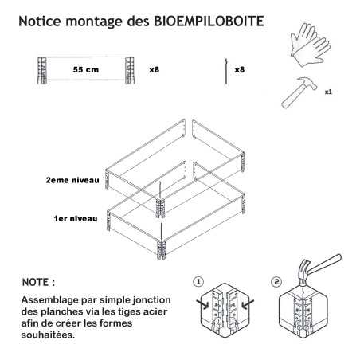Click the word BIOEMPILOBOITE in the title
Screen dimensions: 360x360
pos(209,21)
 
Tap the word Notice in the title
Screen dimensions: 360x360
pos(40,21)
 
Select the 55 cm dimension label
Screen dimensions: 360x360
pos(86,70)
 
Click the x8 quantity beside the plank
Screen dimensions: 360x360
pos(155,70)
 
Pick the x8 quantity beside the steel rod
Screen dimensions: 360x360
pos(240,70)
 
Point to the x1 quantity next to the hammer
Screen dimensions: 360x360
pos(328,92)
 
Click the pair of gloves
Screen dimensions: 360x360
pos(311,45)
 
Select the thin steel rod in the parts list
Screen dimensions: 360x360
pos(226,72)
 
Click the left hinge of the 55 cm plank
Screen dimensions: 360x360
pos(42,70)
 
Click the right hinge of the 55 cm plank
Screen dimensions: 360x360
pos(129,70)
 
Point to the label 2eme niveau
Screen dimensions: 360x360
pos(72,180)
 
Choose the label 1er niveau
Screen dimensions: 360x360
pos(76,219)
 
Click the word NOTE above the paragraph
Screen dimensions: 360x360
pos(35,282)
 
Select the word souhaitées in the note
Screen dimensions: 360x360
pos(48,335)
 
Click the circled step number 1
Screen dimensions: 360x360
pos(198,282)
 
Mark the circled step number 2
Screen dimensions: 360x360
pos(276,282)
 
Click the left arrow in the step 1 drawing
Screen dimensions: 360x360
pos(202,304)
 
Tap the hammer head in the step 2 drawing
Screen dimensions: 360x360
pos(304,270)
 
